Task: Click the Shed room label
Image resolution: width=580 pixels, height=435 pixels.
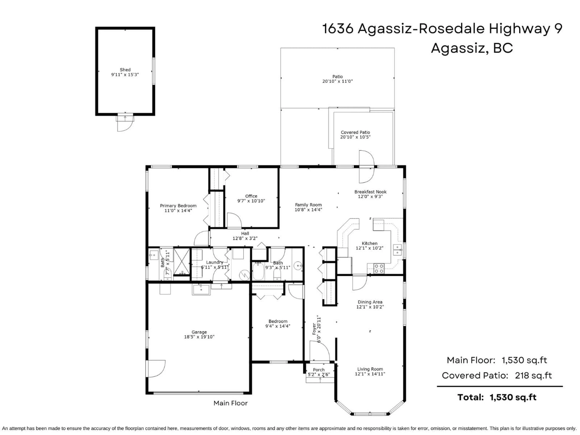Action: pos(125,70)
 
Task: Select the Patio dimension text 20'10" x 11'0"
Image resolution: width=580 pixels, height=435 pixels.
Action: pos(337,81)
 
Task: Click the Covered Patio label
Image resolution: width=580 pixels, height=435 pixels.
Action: pos(355,132)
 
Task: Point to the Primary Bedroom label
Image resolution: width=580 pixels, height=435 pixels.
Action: pos(178,206)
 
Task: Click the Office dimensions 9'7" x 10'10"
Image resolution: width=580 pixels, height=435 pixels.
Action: pos(251,201)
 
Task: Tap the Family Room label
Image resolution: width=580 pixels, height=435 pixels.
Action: pos(308,205)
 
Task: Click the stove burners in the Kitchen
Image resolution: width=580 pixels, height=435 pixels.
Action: pos(379,269)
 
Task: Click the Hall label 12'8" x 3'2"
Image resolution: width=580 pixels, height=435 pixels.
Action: pos(245,236)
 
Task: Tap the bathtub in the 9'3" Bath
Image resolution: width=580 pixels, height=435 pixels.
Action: pos(258,272)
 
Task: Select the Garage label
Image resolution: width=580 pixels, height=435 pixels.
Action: pos(199,332)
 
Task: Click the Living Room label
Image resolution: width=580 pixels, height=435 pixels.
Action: pos(370,369)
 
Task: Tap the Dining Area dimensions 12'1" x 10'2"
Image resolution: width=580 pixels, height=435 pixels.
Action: pos(370,307)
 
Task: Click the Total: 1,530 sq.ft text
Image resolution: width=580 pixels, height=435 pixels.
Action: pos(497,397)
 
